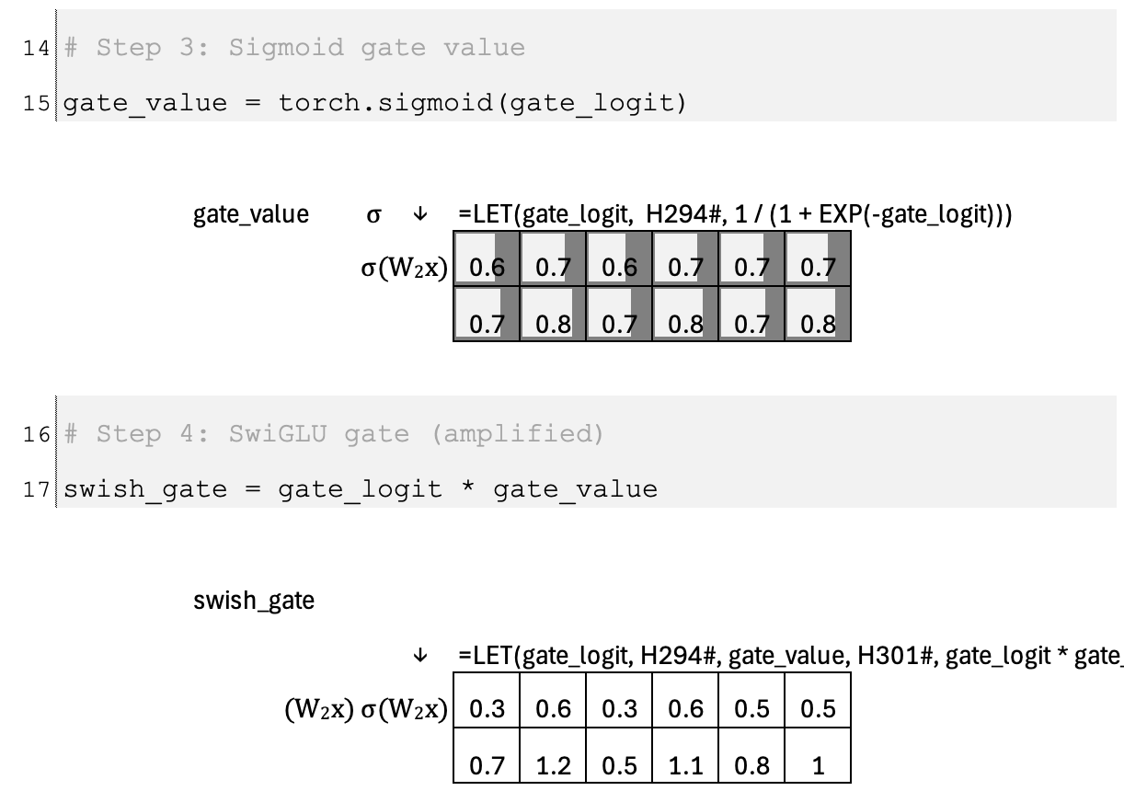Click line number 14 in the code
point(37,48)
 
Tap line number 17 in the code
point(37,488)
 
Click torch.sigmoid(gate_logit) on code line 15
point(483,102)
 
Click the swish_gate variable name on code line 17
point(144,488)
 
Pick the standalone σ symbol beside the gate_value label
point(373,215)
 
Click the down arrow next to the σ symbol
point(420,215)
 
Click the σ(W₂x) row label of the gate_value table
point(405,270)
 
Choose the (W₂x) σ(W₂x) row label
point(366,710)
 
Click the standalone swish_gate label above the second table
point(254,602)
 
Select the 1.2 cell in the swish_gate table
point(553,765)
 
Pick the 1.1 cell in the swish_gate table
point(685,765)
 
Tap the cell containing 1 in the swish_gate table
point(818,765)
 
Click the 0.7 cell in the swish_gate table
point(487,765)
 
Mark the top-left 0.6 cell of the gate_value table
point(487,269)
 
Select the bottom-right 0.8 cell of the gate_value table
point(818,324)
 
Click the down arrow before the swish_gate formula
point(420,656)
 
